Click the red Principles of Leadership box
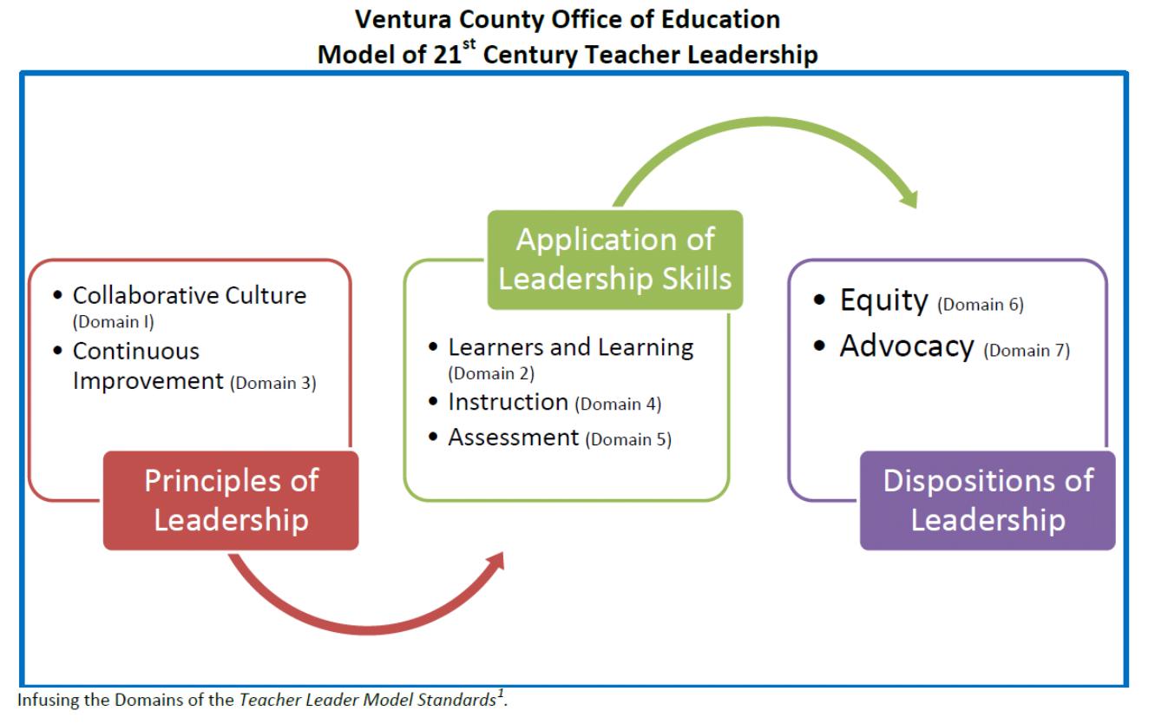[231, 500]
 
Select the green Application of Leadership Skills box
[615, 260]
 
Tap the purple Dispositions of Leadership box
[988, 500]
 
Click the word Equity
[883, 300]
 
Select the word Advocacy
[907, 346]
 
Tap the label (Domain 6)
[981, 305]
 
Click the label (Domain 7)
[1027, 351]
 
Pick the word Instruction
[509, 402]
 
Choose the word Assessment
[514, 438]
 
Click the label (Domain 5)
[628, 439]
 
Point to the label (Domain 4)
[618, 404]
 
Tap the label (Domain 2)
[491, 373]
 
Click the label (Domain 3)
[273, 383]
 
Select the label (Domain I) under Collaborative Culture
[114, 322]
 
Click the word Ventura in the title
[403, 20]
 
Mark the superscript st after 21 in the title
[469, 44]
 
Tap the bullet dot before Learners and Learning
[433, 346]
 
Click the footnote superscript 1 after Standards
[500, 693]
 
